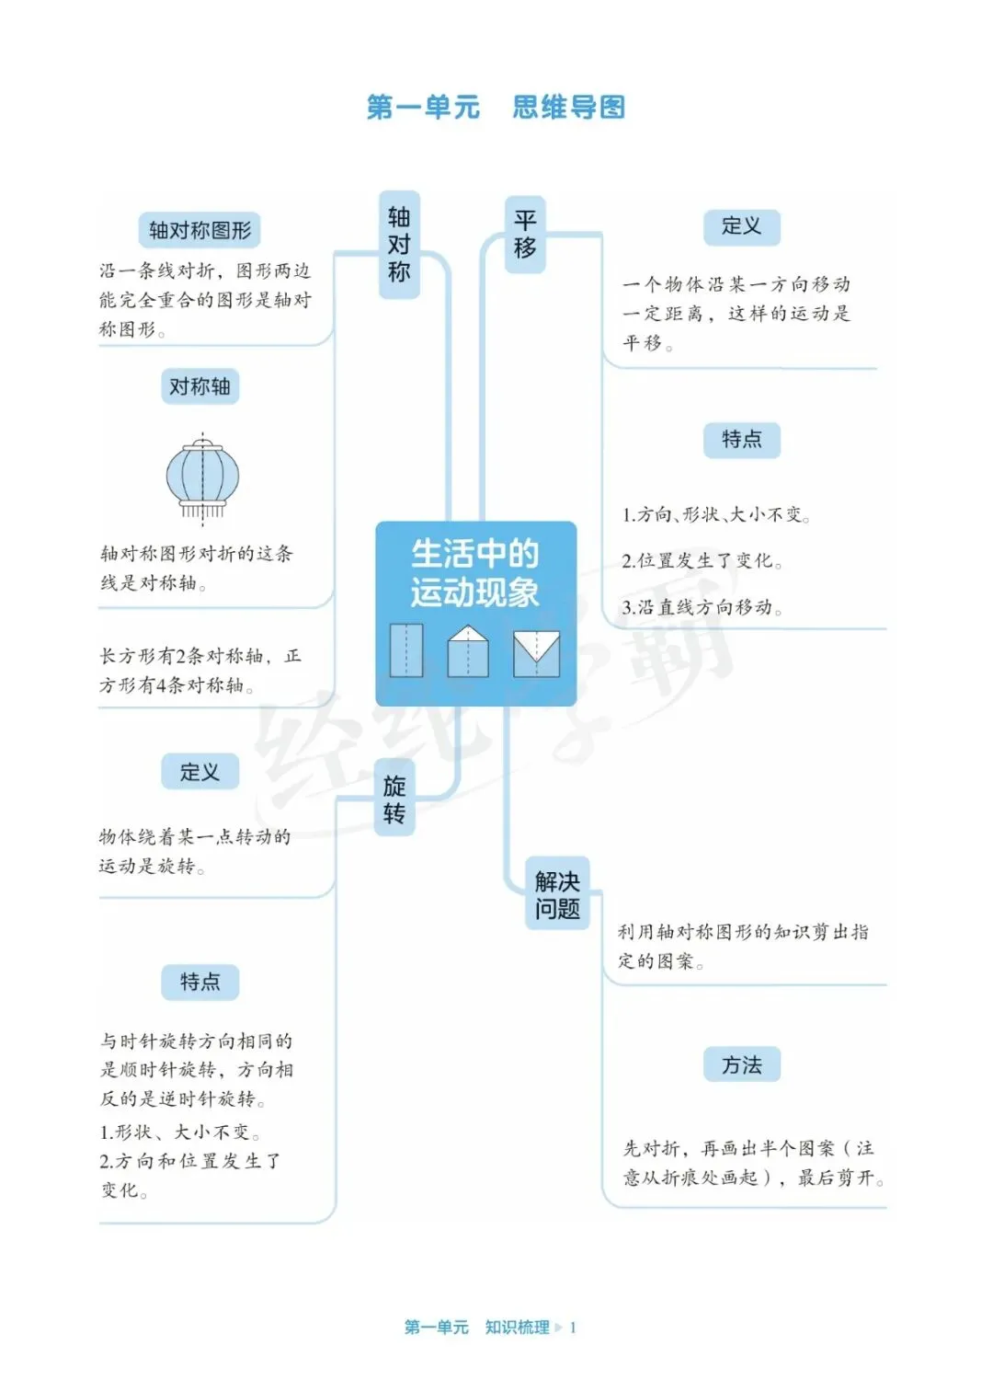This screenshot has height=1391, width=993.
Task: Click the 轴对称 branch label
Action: click(x=399, y=245)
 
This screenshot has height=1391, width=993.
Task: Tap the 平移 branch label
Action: click(x=525, y=235)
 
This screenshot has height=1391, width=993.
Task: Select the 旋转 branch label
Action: click(x=394, y=799)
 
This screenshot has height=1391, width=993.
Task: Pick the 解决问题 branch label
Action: click(x=557, y=895)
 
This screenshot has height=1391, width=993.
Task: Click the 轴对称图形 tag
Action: click(x=200, y=230)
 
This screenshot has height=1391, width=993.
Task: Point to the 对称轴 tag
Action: click(x=200, y=386)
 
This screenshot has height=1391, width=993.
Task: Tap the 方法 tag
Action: click(x=742, y=1065)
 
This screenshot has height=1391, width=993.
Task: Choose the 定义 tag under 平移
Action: click(x=742, y=226)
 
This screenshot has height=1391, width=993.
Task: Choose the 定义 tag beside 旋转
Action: click(x=200, y=772)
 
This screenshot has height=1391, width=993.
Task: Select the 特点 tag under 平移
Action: click(x=742, y=440)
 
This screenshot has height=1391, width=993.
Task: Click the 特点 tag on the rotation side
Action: click(x=200, y=982)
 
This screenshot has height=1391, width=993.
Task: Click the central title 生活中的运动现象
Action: click(x=474, y=573)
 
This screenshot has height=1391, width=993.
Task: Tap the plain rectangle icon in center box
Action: click(x=405, y=650)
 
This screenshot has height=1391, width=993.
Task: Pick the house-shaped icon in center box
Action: click(x=468, y=651)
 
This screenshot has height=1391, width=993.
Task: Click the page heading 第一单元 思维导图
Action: click(x=496, y=108)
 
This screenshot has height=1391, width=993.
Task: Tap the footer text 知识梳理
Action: click(x=517, y=1327)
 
